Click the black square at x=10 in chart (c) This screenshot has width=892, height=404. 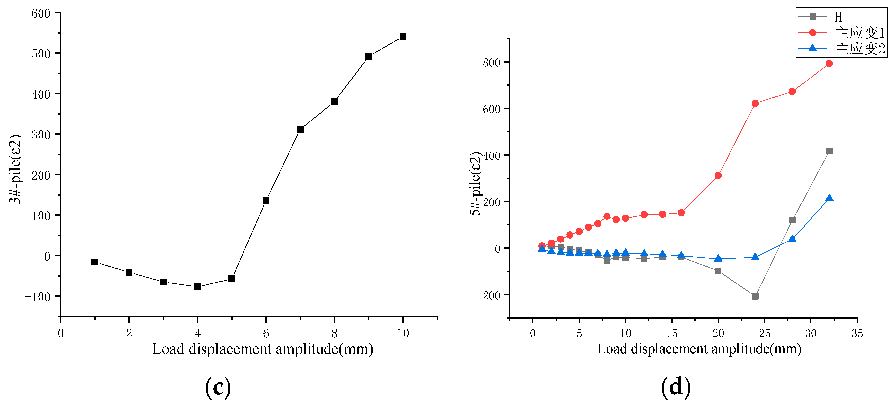pyautogui.click(x=403, y=37)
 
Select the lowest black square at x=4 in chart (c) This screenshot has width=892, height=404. pyautogui.click(x=197, y=287)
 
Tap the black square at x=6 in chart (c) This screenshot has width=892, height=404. pyautogui.click(x=266, y=201)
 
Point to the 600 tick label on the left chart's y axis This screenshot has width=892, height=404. pyautogui.click(x=41, y=14)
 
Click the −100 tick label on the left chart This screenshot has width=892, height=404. pyautogui.click(x=38, y=297)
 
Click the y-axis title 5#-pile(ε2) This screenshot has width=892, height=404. pyautogui.click(x=475, y=183)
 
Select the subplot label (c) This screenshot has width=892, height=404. pyautogui.click(x=218, y=387)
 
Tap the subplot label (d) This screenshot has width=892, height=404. pyautogui.click(x=676, y=387)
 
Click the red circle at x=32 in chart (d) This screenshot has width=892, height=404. pyautogui.click(x=829, y=64)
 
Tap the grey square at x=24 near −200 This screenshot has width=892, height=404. pyautogui.click(x=755, y=296)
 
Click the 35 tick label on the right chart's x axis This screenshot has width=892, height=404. pyautogui.click(x=857, y=333)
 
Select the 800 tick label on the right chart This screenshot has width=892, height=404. pyautogui.click(x=491, y=63)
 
